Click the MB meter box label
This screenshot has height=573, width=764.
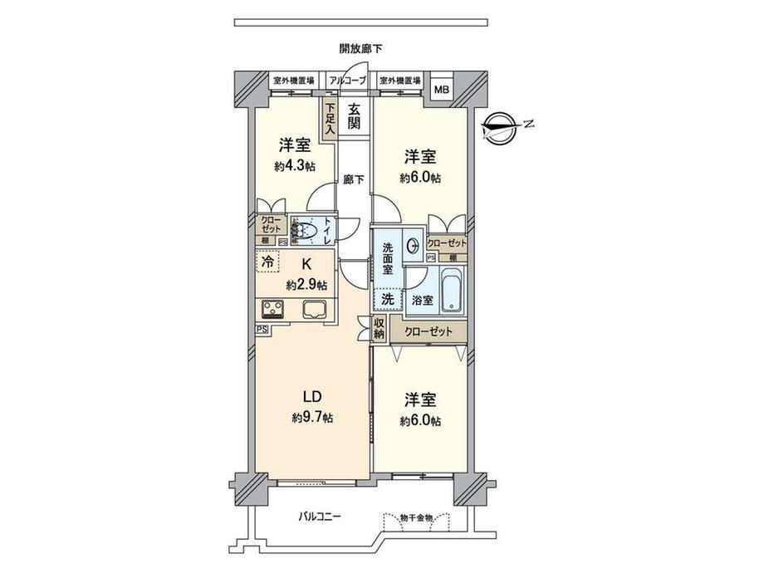click(443, 90)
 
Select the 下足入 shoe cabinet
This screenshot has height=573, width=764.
click(331, 119)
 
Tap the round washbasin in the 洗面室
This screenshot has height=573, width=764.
click(413, 245)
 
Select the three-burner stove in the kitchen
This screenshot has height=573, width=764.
click(273, 309)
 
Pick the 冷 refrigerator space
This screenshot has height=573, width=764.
click(267, 260)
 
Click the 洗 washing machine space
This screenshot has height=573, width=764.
click(388, 299)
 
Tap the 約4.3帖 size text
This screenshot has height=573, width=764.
click(294, 165)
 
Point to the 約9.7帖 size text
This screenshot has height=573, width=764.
click(312, 418)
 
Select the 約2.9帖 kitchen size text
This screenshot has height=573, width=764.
click(306, 285)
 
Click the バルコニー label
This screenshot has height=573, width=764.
click(320, 516)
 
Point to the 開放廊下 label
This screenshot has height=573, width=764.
click(360, 48)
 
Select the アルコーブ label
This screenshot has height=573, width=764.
click(347, 80)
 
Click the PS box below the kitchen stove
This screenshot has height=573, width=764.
click(262, 329)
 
